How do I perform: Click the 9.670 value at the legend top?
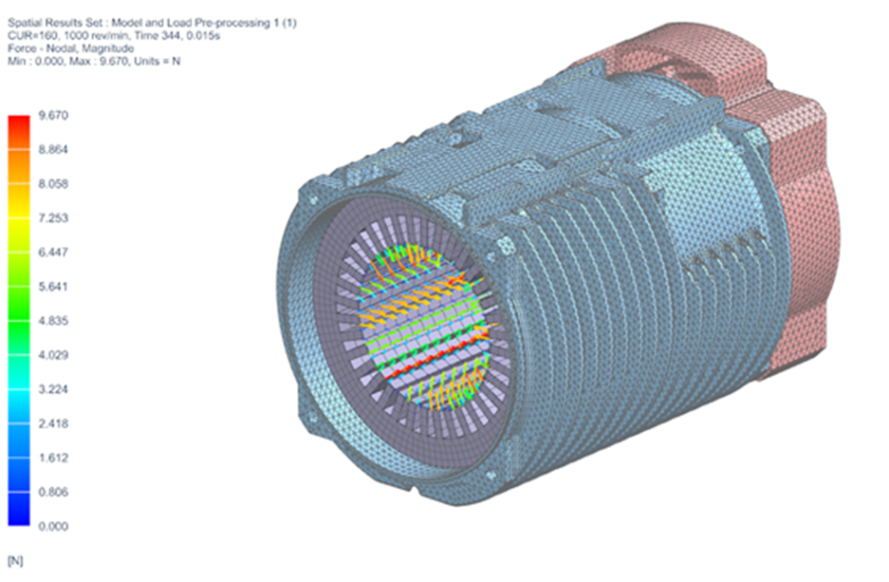click(51, 116)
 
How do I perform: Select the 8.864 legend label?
click(51, 149)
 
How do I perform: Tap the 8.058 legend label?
click(51, 184)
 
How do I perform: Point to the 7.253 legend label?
click(51, 218)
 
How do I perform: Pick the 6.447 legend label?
click(51, 252)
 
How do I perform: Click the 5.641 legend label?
click(51, 287)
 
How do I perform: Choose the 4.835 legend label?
click(51, 321)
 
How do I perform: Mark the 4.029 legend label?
click(51, 355)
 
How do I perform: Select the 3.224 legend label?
click(51, 389)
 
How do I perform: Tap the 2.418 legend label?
click(51, 424)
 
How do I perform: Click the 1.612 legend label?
click(51, 457)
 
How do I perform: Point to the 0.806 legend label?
click(51, 492)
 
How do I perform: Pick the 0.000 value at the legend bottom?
click(51, 527)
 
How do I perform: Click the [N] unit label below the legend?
click(15, 560)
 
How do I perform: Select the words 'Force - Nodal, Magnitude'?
click(69, 48)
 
